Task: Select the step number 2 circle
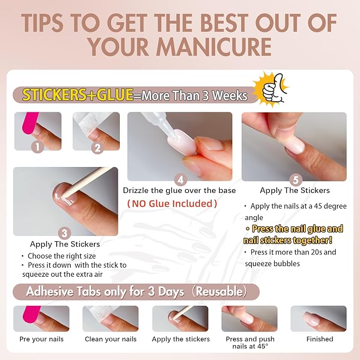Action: (96, 148)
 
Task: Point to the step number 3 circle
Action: (65, 232)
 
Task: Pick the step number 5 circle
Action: (294, 180)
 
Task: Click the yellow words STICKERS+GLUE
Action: (77, 95)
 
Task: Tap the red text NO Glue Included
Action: (172, 204)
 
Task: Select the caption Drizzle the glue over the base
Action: (179, 190)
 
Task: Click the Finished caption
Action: (320, 339)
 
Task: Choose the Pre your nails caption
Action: (41, 339)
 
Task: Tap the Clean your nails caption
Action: (110, 339)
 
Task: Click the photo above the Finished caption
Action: (318, 319)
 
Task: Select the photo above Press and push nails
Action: (249, 319)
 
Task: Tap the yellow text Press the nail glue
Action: (297, 229)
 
